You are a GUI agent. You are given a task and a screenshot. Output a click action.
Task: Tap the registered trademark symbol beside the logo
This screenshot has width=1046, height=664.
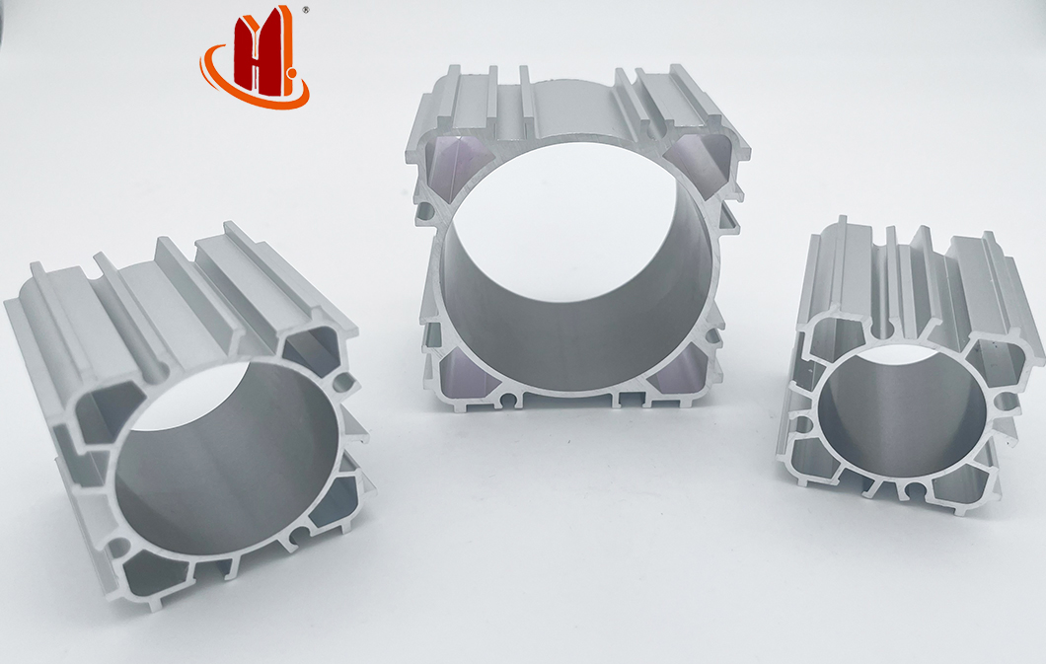306,10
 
